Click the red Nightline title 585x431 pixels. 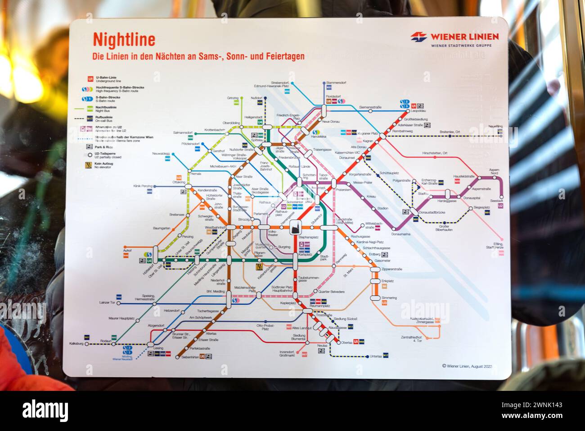point(124,40)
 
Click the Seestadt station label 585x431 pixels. point(497,201)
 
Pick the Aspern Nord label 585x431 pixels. point(494,172)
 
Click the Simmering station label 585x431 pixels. point(389,298)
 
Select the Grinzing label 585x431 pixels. point(233,98)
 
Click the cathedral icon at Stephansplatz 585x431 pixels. point(295,227)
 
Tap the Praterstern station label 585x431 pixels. point(343,190)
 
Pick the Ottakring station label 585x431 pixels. point(179,182)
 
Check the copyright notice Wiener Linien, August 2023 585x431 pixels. point(468,366)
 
